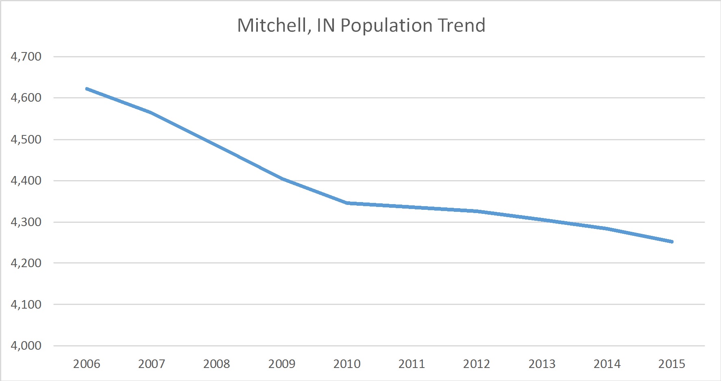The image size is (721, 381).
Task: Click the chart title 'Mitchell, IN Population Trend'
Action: pos(361,26)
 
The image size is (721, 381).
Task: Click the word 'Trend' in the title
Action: pos(462,26)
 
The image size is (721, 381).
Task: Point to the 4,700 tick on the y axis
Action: pos(26,57)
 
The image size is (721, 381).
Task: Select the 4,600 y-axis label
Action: pos(26,98)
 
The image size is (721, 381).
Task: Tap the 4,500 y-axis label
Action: pos(26,139)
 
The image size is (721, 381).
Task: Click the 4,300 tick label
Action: pos(26,222)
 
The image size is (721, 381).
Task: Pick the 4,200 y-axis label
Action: pos(26,263)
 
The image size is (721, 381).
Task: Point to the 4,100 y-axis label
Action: pos(26,304)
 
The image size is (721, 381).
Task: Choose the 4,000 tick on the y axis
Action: pos(26,345)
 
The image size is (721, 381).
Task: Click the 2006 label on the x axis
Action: pos(87,364)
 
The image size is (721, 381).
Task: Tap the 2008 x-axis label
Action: pos(217,364)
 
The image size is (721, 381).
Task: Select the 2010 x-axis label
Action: pos(347,364)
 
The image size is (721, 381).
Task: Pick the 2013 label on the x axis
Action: pos(542,364)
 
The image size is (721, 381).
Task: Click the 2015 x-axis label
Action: pos(672,364)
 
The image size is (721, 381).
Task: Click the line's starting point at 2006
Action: pos(87,89)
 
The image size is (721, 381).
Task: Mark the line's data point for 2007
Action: pos(152,112)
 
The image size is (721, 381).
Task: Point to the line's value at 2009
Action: pos(282,179)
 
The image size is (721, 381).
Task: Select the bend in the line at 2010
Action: pos(347,202)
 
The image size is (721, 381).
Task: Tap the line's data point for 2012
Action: pos(477,211)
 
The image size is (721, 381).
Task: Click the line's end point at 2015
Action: pos(672,242)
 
